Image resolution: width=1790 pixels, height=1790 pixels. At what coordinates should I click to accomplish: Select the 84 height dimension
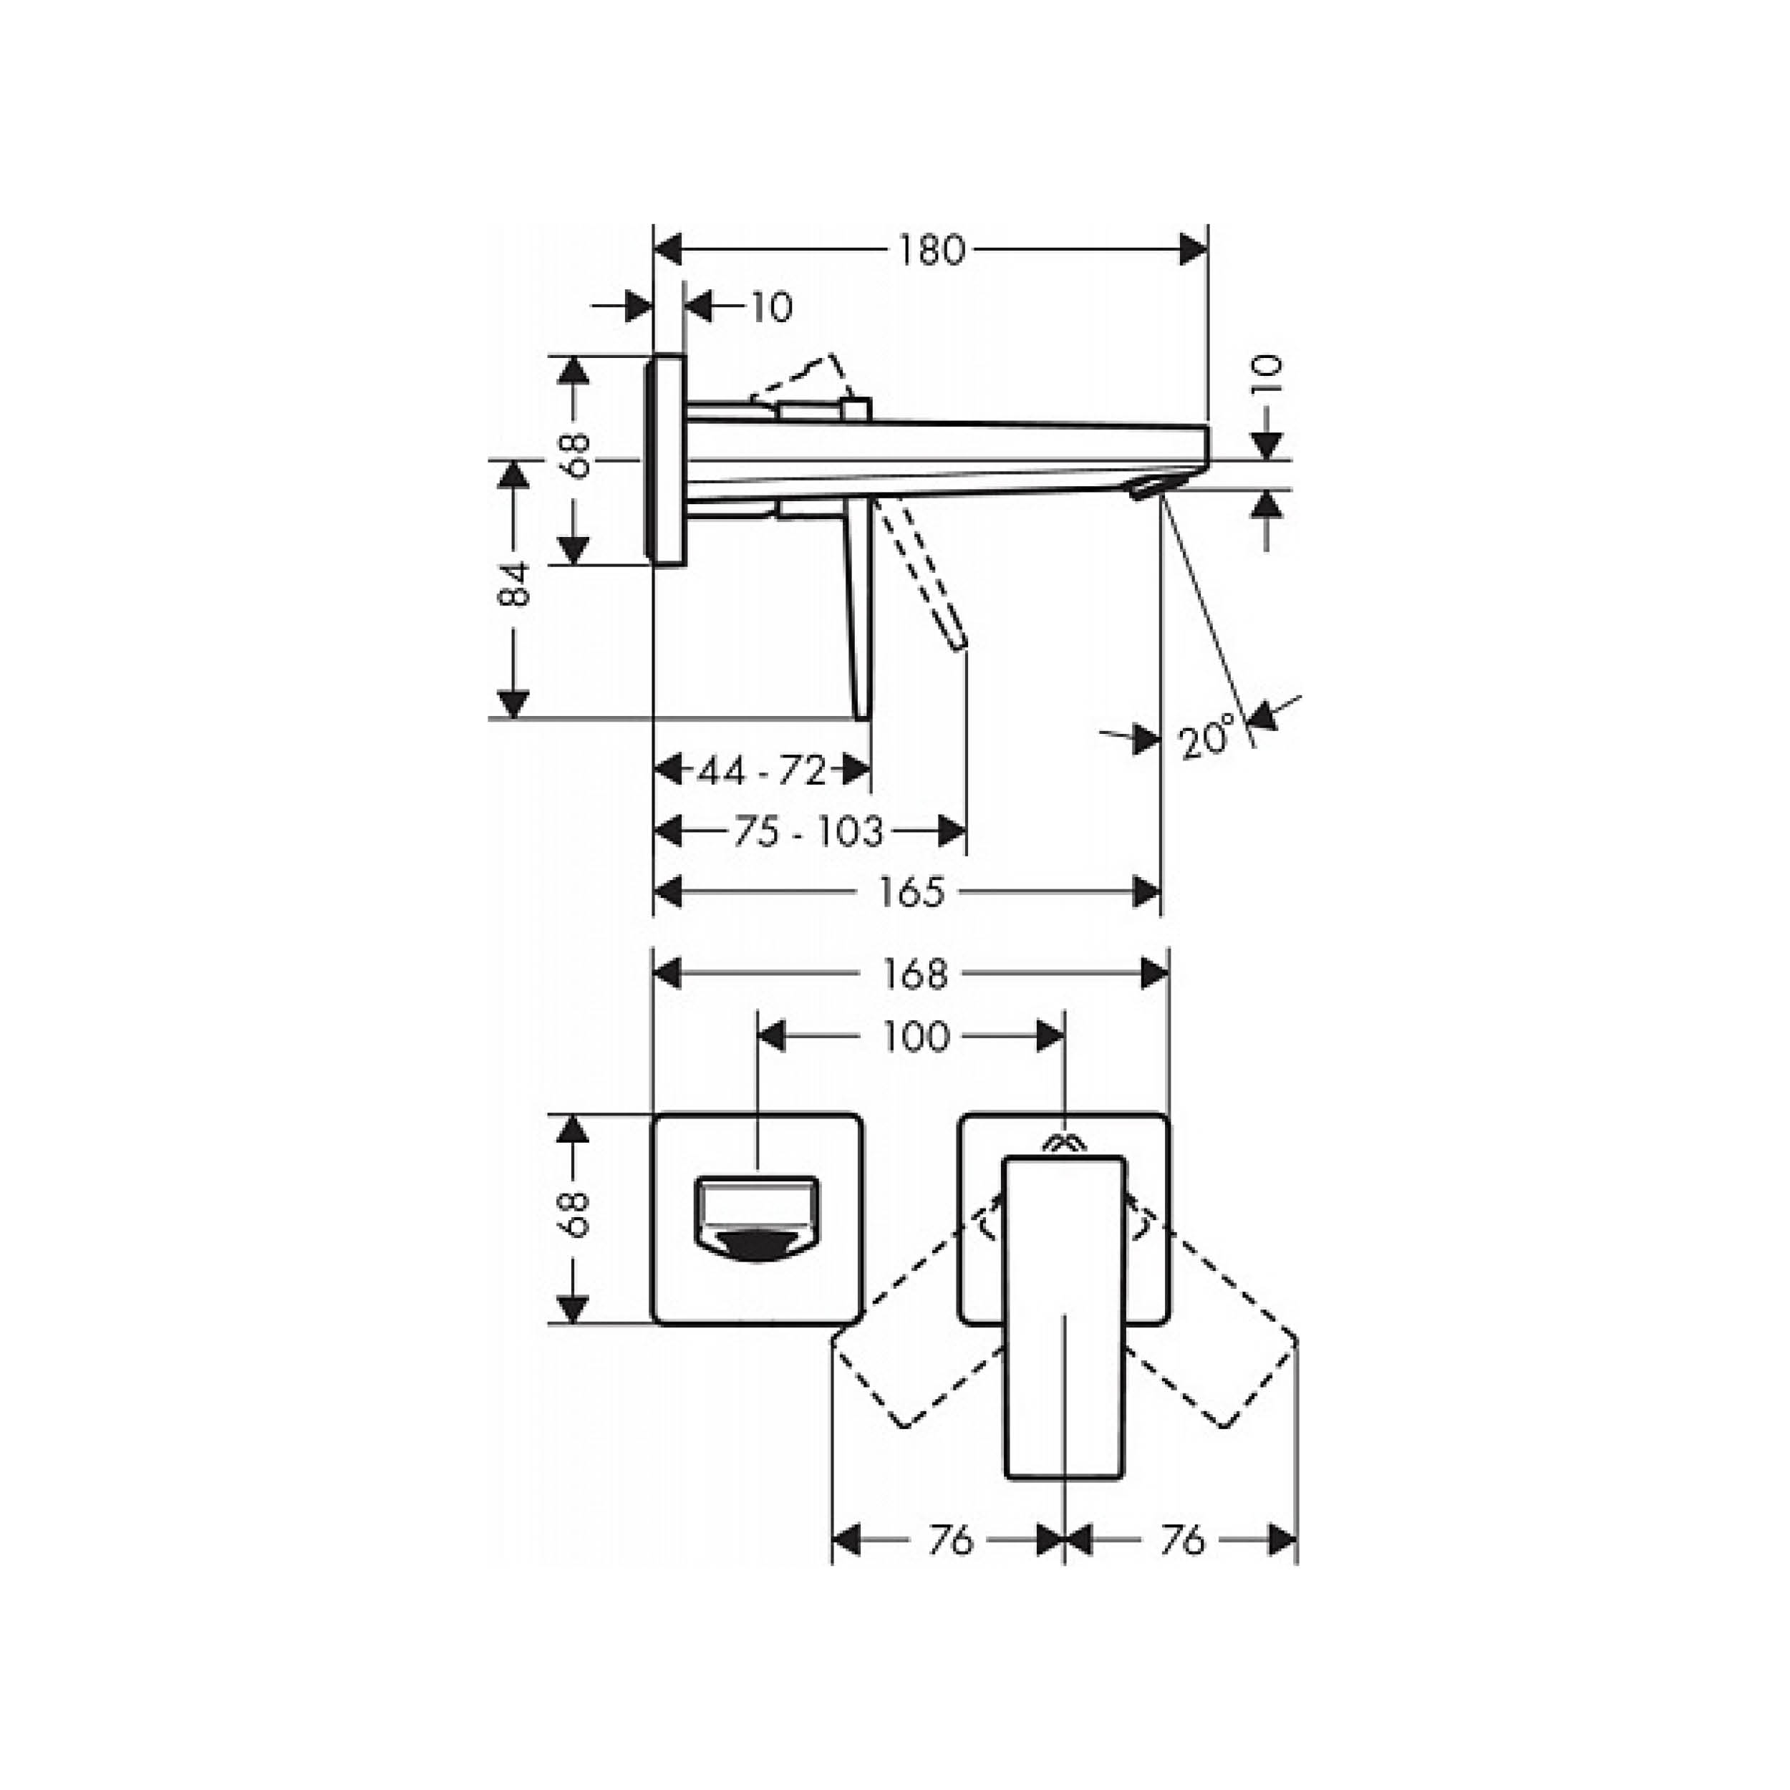click(513, 584)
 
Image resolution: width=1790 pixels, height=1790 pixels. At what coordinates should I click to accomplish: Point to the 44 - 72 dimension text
click(762, 770)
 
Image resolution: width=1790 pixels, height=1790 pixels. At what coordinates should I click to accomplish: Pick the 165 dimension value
click(911, 892)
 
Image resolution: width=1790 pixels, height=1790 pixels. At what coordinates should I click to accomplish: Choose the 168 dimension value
click(914, 974)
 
